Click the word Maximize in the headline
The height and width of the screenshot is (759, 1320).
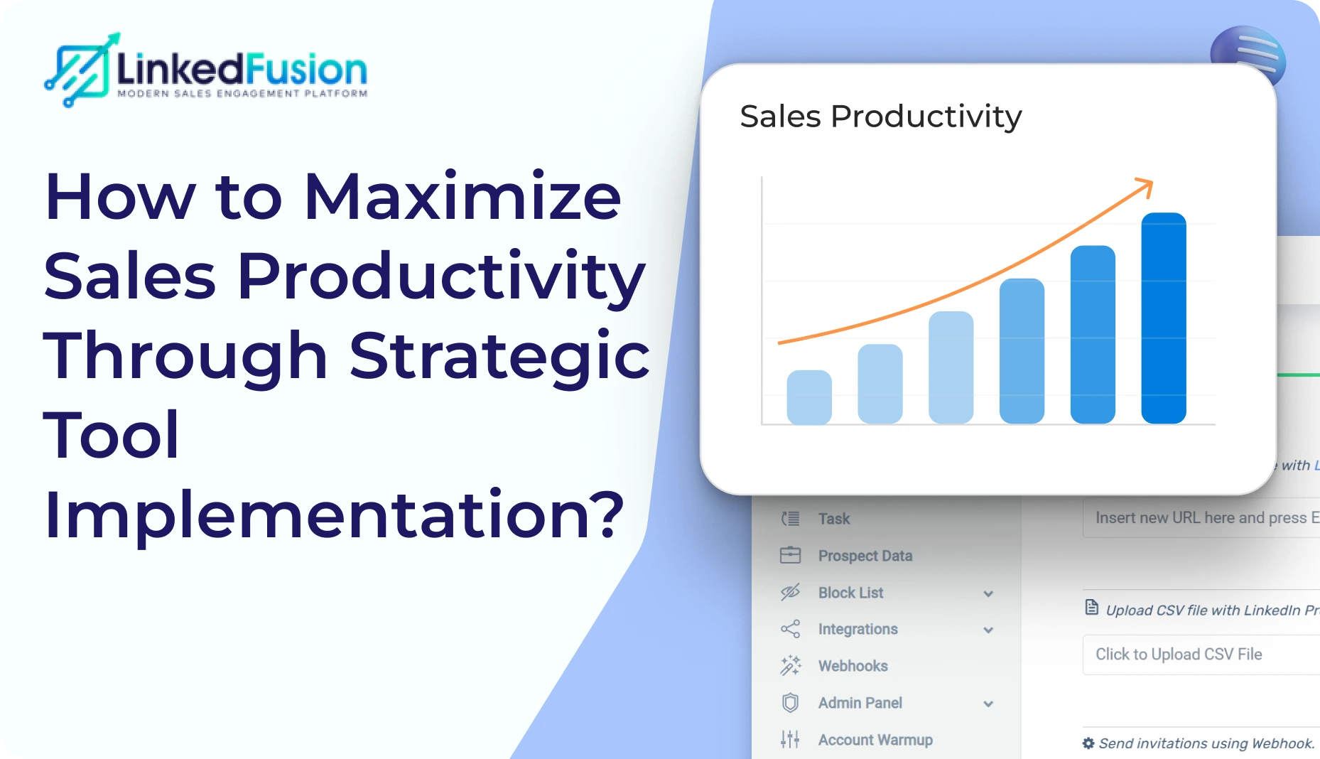[462, 197]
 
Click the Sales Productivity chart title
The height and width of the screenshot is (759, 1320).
[880, 117]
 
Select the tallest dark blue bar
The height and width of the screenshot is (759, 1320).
[1163, 318]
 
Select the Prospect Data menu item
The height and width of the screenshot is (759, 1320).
[865, 556]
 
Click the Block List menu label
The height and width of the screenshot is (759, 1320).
[850, 593]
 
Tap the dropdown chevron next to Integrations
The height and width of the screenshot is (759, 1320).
[988, 630]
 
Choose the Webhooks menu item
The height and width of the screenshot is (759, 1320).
[853, 666]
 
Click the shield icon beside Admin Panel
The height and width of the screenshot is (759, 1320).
[790, 703]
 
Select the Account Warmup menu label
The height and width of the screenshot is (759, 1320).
[875, 740]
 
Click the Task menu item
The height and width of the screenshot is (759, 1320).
[833, 519]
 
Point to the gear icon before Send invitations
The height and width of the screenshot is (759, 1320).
[1088, 743]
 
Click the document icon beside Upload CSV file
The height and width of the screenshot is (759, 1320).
[1091, 608]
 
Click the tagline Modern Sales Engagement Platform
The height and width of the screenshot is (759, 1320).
[242, 93]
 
